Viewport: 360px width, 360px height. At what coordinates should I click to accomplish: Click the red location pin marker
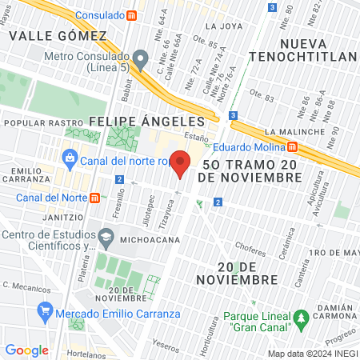(x=181, y=165)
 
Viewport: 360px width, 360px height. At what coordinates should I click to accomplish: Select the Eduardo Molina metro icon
(x=293, y=146)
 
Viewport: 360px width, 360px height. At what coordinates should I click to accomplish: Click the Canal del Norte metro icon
(x=95, y=198)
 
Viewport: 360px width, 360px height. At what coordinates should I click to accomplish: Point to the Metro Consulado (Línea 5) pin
(x=141, y=58)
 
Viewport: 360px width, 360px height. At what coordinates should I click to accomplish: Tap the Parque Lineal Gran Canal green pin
(x=301, y=319)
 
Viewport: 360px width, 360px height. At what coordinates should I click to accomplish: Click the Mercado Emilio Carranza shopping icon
(x=45, y=311)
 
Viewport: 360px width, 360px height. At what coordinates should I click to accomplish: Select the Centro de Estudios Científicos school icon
(x=106, y=236)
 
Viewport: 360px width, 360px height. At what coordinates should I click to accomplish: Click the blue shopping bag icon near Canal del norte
(x=71, y=159)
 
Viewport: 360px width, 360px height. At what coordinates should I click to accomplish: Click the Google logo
(x=26, y=350)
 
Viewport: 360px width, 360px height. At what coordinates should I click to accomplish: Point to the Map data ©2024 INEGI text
(x=311, y=354)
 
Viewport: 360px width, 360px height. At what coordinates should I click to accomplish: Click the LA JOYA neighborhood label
(x=223, y=26)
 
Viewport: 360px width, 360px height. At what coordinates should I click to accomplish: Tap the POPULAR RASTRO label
(x=34, y=124)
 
